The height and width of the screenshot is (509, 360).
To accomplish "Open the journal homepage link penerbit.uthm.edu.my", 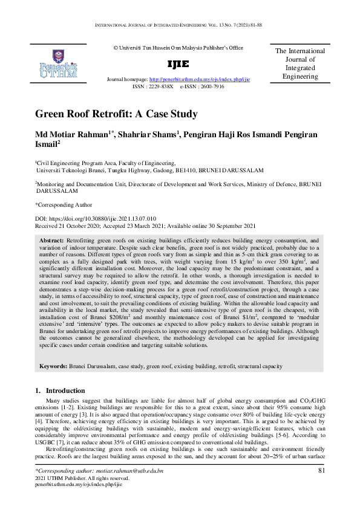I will (199, 79).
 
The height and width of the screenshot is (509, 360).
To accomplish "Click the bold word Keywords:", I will (57, 366).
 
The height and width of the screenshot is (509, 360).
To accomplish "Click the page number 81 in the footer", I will (321, 470).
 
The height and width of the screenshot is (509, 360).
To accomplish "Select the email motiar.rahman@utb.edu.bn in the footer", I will (125, 470).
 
